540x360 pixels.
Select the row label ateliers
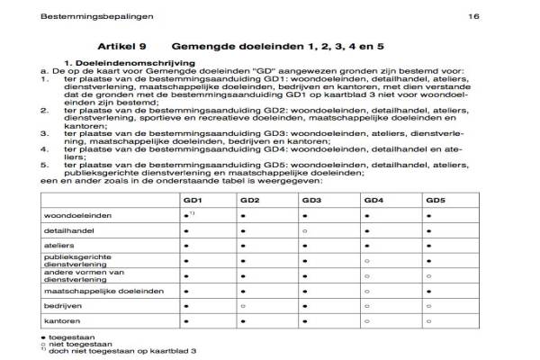59,246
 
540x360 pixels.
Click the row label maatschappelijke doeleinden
104,291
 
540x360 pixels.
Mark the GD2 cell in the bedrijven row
243,306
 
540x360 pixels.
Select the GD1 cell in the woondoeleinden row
185,216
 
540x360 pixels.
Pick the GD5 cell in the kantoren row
428,320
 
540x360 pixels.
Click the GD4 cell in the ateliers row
366,246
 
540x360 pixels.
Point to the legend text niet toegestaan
73,342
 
